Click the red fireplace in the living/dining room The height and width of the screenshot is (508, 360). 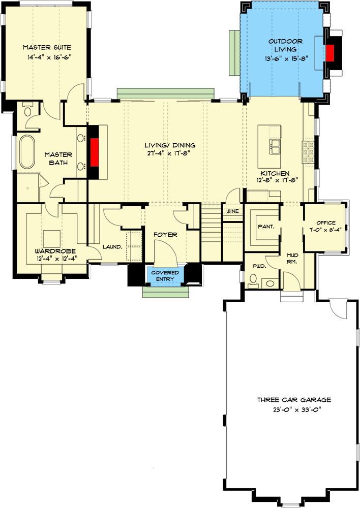pos(95,152)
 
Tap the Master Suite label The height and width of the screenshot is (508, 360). pos(46,47)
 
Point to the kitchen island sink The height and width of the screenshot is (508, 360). pos(276,147)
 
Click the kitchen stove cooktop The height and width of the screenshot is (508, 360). pos(309,152)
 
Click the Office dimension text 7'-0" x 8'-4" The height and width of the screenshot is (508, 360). pos(326,229)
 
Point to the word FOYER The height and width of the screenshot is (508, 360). pos(166,235)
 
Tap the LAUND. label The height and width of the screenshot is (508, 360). pos(112,247)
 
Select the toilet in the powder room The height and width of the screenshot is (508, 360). pos(253,279)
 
